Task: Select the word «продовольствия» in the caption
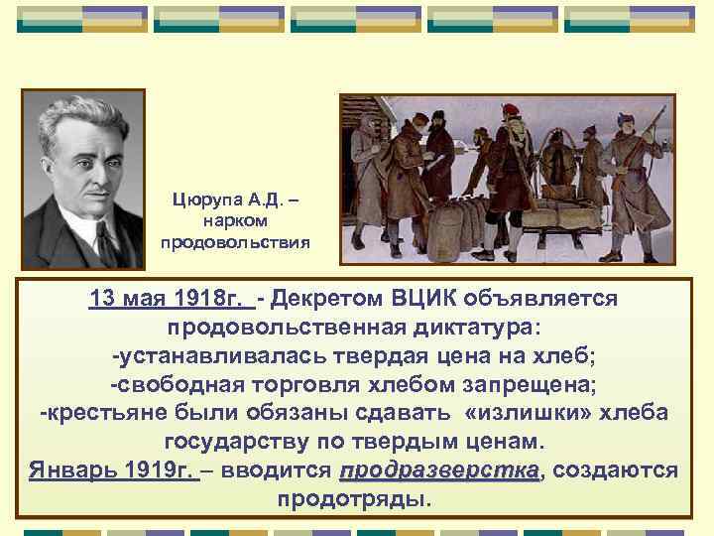(x=235, y=241)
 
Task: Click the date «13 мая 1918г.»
(x=169, y=300)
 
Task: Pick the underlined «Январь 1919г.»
(x=114, y=469)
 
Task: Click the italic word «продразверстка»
(x=440, y=469)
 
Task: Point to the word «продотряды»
(x=354, y=496)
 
